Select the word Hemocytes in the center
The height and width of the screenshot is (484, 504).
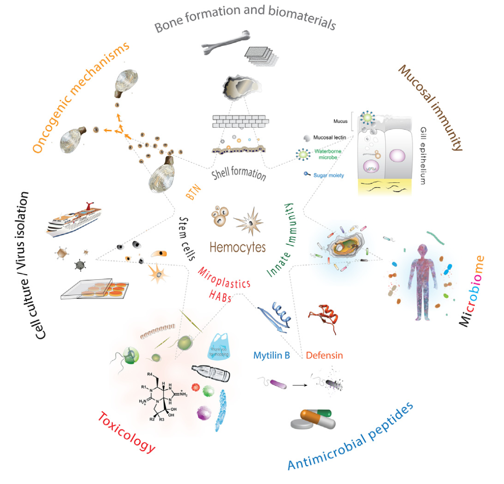coord(237,247)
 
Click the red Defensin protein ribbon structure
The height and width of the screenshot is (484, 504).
coord(323,316)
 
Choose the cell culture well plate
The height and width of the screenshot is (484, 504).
coord(95,290)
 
